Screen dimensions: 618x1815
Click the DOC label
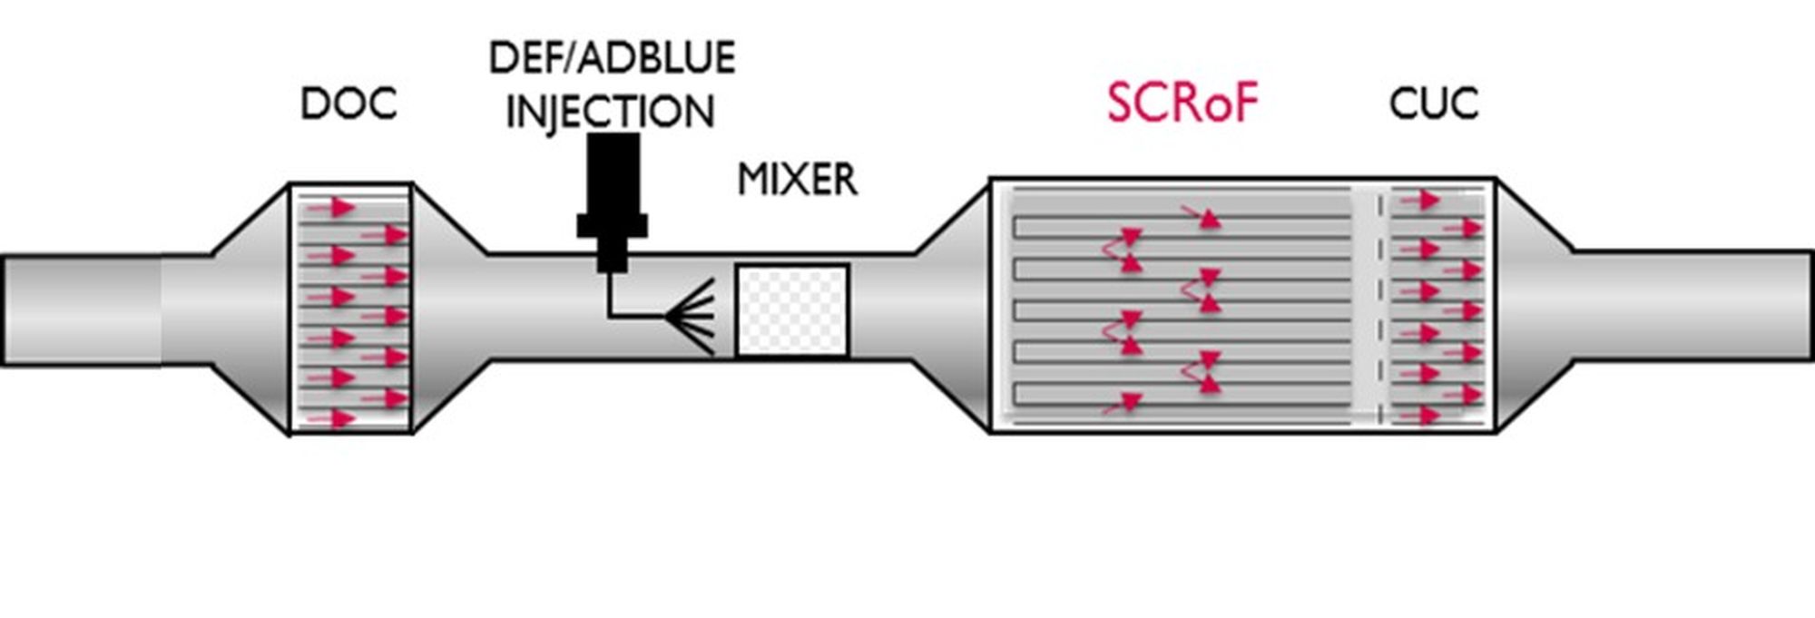tap(348, 104)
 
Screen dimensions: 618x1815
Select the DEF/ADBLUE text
tap(612, 59)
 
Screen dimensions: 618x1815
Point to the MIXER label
tap(797, 180)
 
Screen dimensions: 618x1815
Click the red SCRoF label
tap(1182, 103)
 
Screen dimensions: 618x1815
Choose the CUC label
tap(1433, 104)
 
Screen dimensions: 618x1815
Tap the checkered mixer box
tap(791, 310)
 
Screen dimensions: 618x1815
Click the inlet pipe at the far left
tap(82, 310)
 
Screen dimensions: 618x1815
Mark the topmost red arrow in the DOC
tap(332, 208)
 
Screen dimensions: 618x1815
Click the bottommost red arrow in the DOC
tap(332, 418)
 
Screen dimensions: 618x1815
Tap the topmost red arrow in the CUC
tap(1421, 200)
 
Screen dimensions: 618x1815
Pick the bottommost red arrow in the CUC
tap(1421, 416)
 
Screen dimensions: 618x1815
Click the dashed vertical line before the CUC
tap(1380, 309)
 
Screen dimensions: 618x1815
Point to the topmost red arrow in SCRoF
tap(1203, 216)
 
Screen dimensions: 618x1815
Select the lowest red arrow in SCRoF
tap(1123, 402)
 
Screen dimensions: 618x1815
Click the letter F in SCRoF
tap(1242, 103)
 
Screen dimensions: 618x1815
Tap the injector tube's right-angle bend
tap(611, 316)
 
